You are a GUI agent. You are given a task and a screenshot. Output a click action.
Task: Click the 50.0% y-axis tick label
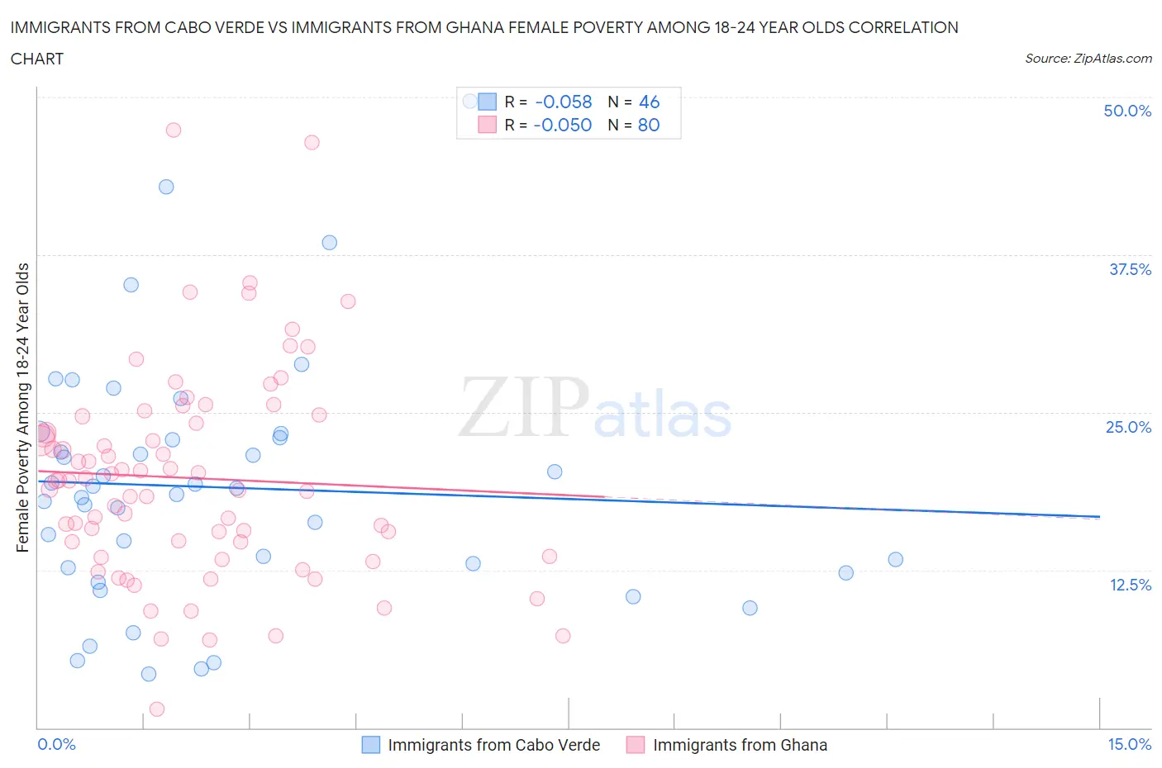[x=1126, y=111]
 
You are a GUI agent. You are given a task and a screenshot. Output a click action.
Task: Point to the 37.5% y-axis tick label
[x=1129, y=269]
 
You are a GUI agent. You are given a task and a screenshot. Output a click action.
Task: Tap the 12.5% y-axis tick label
[x=1129, y=585]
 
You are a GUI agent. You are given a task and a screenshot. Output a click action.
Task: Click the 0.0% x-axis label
[x=56, y=744]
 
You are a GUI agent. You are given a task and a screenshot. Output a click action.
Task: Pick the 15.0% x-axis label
[x=1128, y=744]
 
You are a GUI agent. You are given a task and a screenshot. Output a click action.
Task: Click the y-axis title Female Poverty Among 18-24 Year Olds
[x=22, y=407]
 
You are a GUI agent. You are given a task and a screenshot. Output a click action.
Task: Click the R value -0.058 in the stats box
[x=564, y=102]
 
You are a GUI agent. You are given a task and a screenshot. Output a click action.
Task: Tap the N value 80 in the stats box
[x=649, y=125]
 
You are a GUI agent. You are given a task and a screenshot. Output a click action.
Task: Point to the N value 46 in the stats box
[x=649, y=102]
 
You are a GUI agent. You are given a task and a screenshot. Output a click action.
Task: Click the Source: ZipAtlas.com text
[x=1088, y=59]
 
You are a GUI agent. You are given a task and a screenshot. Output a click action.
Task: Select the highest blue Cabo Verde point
[x=166, y=187]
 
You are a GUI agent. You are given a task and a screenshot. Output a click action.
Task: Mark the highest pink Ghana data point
[x=173, y=130]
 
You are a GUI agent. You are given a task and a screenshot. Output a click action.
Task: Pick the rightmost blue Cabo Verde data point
[x=895, y=559]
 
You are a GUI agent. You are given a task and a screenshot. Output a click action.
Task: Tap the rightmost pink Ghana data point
[x=563, y=636]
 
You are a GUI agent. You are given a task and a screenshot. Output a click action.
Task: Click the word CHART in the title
[x=37, y=59]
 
